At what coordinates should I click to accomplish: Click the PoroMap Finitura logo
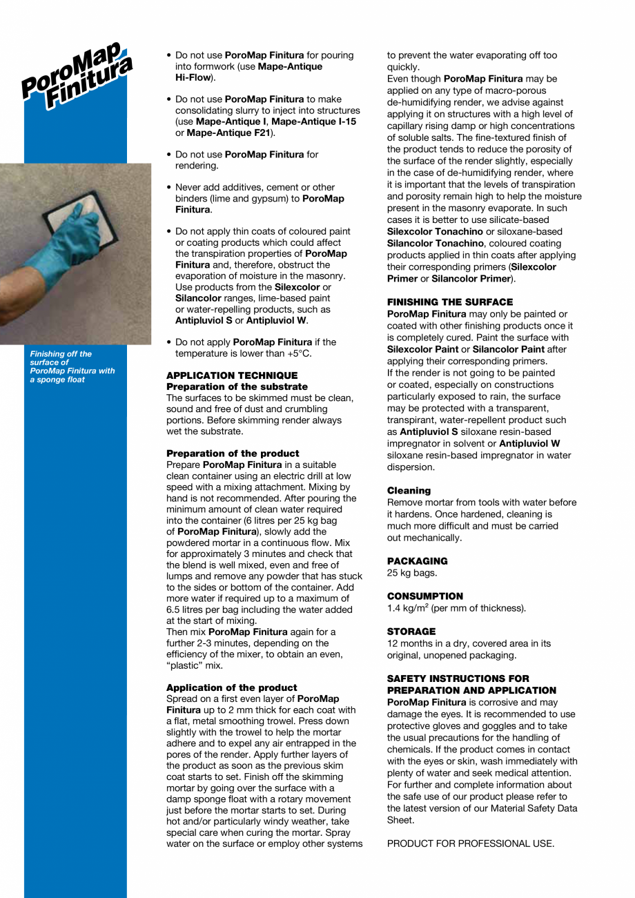pos(76,76)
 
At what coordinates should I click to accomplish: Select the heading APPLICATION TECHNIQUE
pos(222,375)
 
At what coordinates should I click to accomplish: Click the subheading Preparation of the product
pos(233,453)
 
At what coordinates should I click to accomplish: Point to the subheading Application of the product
pos(231,687)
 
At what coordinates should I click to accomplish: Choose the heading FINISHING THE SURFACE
pos(449,302)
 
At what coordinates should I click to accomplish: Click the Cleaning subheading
pos(409,491)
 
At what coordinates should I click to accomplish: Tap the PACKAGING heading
pos(417,561)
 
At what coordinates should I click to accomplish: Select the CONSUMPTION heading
pos(424,596)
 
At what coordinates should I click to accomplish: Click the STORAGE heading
pos(411,632)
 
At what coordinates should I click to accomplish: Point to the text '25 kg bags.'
pos(411,573)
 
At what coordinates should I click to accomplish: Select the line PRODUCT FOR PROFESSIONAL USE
pos(471,843)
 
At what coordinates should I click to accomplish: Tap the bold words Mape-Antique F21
pos(228,132)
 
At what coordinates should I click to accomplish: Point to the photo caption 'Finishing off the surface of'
pos(61,358)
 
